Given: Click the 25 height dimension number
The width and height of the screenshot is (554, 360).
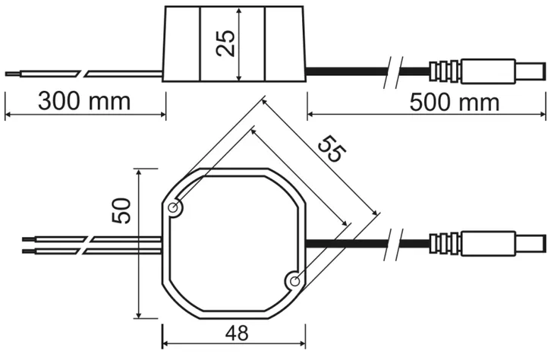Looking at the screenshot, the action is [x=225, y=43].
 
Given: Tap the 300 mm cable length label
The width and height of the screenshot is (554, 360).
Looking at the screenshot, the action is [x=84, y=101].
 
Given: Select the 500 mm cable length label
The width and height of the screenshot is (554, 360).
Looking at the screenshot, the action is [x=455, y=103].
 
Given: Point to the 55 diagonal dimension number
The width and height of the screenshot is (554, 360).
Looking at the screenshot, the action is [x=332, y=149].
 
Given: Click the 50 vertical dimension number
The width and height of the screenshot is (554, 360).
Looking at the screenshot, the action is [x=121, y=210].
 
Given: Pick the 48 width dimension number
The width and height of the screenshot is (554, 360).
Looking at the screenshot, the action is [x=237, y=333].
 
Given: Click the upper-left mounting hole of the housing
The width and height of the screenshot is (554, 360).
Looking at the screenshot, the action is [x=174, y=208].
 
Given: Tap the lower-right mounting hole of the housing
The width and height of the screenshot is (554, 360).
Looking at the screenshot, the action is [x=294, y=282].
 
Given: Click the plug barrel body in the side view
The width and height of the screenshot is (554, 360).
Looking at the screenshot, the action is [x=488, y=71].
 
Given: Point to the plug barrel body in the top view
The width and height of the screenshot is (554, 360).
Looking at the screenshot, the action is [x=488, y=244].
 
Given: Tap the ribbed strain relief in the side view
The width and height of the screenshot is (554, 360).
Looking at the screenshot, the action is [x=445, y=71].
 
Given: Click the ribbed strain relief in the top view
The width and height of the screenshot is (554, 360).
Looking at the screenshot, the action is [x=445, y=244].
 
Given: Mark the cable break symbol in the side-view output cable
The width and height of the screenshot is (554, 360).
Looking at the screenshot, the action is [x=393, y=72].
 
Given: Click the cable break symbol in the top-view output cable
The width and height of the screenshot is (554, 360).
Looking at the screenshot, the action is [x=393, y=244].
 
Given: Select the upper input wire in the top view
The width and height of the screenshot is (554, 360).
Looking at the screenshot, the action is [x=93, y=239].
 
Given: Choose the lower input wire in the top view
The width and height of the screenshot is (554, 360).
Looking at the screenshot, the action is [x=93, y=251].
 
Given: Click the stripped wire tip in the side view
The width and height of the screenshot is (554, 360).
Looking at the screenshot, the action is [x=14, y=74].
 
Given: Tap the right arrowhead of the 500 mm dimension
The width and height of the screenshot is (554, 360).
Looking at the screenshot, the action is [x=543, y=114].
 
